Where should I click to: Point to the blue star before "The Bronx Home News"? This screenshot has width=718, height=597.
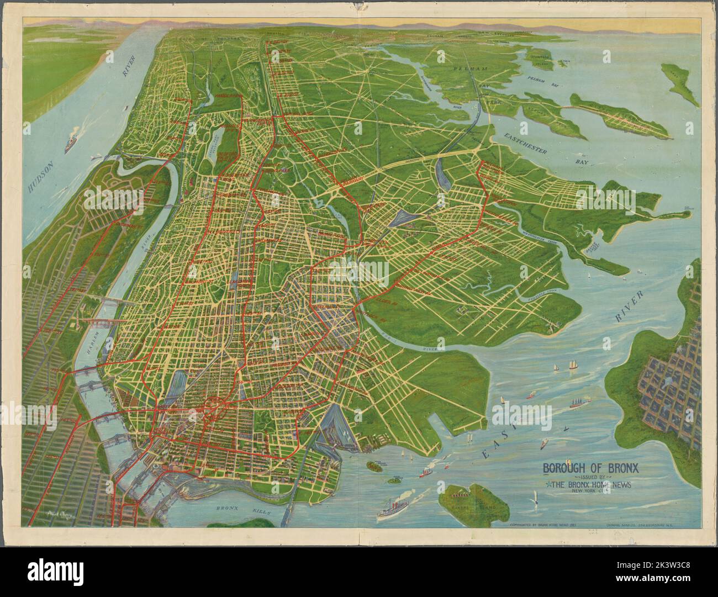[x=544, y=485]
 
